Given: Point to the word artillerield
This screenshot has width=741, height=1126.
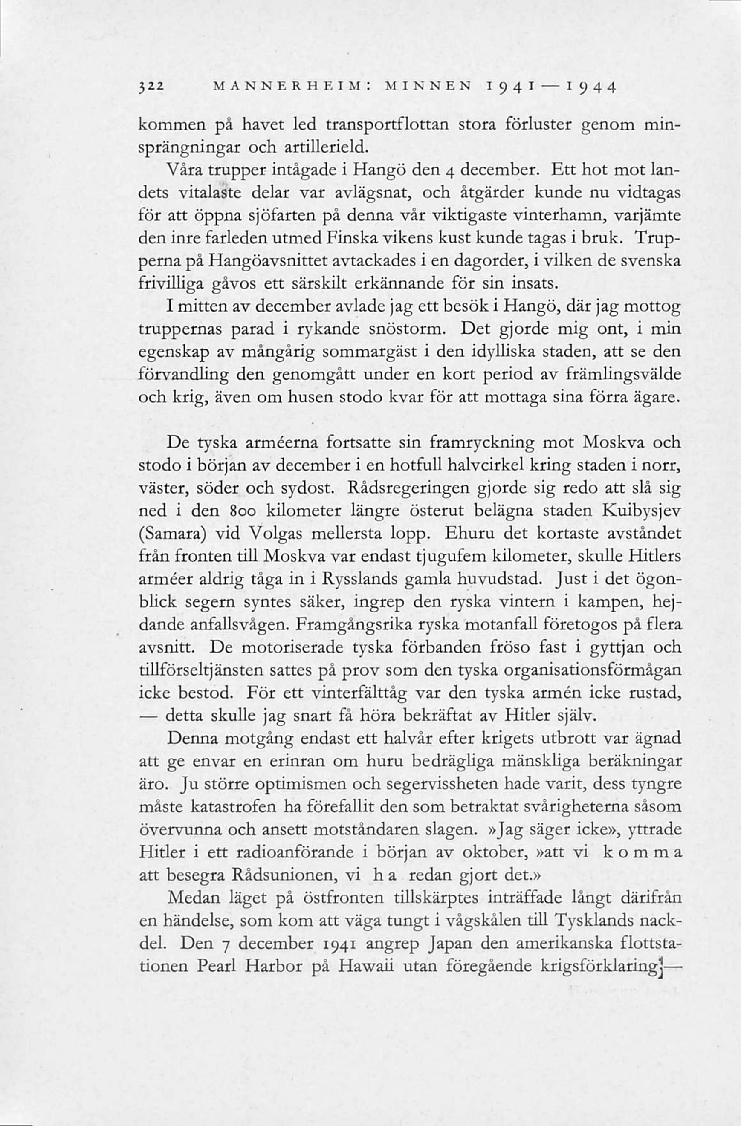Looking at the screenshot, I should (x=326, y=147).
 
